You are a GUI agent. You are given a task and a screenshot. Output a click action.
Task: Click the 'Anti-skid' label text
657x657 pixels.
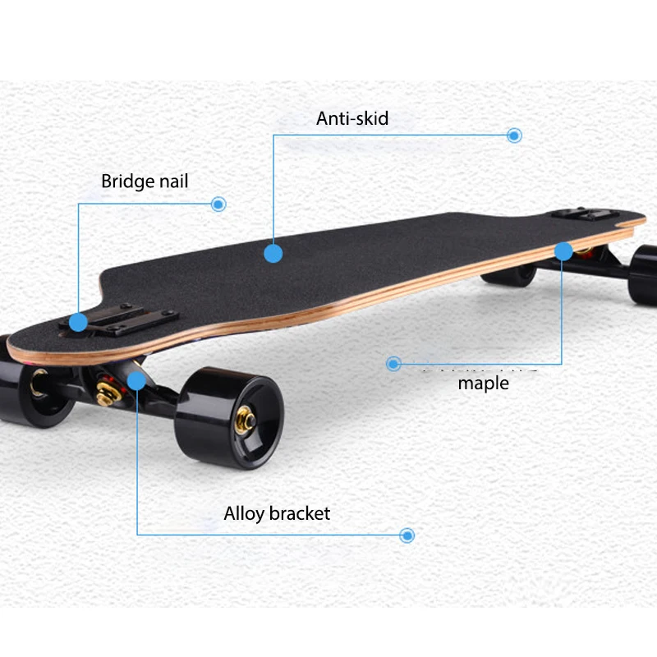(352, 118)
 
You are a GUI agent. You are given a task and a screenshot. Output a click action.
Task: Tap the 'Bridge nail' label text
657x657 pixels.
(145, 181)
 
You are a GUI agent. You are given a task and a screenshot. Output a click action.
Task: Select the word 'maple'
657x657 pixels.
(483, 383)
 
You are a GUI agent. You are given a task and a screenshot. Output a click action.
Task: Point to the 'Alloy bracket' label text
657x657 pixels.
(277, 514)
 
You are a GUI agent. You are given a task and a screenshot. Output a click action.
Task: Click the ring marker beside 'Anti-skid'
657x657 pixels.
(514, 136)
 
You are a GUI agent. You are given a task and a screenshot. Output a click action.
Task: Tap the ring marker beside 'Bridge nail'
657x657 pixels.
(218, 204)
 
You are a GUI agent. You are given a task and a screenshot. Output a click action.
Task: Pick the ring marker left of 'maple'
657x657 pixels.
(393, 363)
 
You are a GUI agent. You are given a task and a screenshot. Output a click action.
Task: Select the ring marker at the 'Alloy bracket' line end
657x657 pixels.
(407, 535)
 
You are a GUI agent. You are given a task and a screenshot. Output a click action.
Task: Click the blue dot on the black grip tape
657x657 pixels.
(273, 253)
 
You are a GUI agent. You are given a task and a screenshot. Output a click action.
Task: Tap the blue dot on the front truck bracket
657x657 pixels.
(136, 380)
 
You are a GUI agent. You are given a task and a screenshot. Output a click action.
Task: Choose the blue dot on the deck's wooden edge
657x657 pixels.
(563, 250)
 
